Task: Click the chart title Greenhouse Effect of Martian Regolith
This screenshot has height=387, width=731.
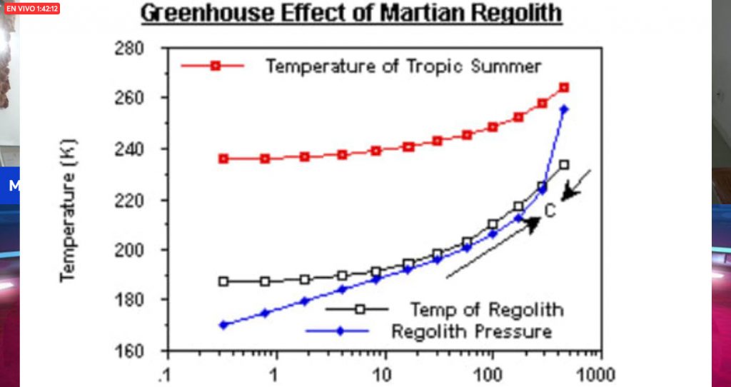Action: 351,13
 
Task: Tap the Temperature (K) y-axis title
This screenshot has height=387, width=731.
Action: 69,210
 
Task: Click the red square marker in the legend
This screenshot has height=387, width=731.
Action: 215,66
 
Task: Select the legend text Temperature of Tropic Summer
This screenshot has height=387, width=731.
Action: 403,66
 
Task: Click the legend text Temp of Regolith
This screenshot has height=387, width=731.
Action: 486,310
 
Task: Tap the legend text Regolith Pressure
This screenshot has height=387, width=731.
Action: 471,332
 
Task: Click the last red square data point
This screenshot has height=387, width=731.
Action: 564,87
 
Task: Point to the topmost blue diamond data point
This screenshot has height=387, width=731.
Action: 564,109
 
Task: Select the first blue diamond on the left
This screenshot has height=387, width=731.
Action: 223,325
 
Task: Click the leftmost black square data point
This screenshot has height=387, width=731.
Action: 223,281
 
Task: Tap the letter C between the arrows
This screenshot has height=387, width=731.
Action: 550,211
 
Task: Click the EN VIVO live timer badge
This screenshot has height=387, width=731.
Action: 31,9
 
